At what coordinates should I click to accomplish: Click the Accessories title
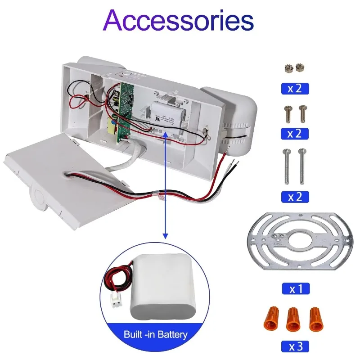click(180, 20)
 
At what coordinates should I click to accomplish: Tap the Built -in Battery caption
click(155, 335)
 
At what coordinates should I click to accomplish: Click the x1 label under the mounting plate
click(296, 288)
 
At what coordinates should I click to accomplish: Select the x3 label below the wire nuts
click(296, 346)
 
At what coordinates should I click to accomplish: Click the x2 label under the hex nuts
click(296, 88)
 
